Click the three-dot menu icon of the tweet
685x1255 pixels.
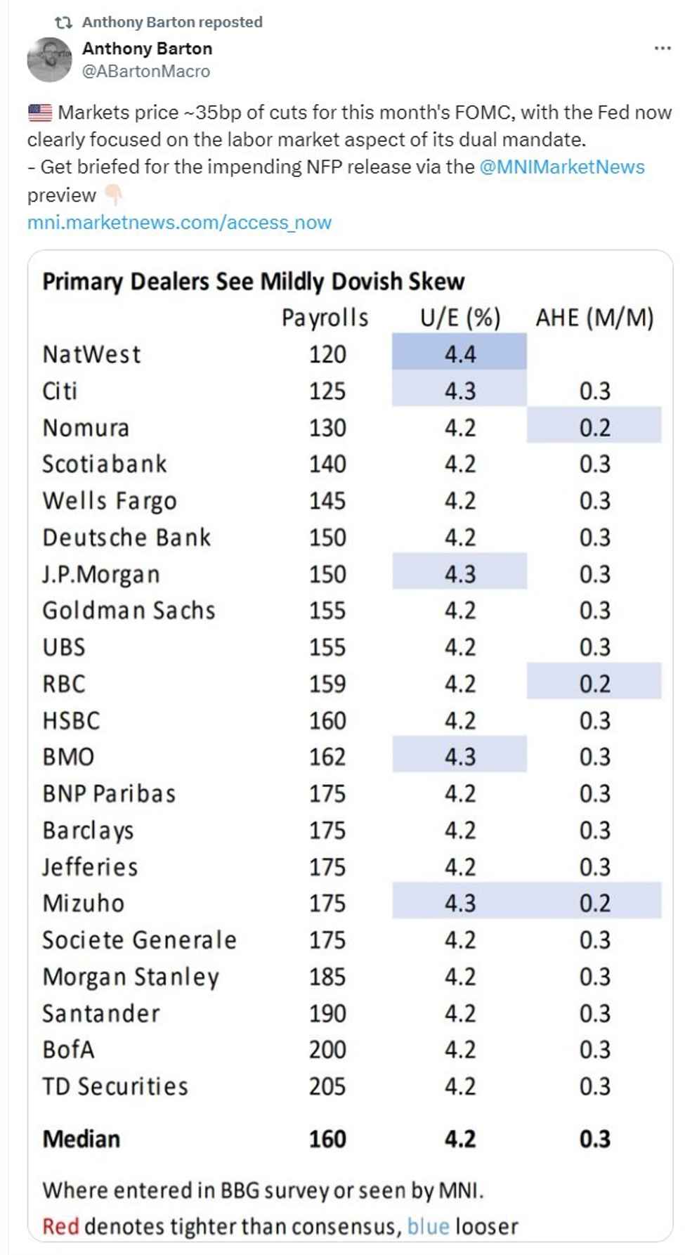click(x=662, y=48)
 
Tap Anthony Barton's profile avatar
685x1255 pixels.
click(x=49, y=60)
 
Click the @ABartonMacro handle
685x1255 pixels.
click(x=146, y=71)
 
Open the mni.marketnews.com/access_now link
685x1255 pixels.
click(x=179, y=223)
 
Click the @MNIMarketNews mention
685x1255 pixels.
click(x=561, y=167)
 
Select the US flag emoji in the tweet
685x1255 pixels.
click(x=40, y=112)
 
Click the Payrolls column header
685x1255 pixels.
click(x=325, y=318)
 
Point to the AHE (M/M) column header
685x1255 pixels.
click(x=594, y=318)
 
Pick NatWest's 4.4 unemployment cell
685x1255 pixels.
click(x=459, y=353)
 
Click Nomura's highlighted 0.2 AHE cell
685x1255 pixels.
click(x=594, y=427)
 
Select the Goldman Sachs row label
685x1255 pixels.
click(x=129, y=610)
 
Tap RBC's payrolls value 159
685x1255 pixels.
click(x=327, y=683)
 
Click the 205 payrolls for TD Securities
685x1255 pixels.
click(x=327, y=1086)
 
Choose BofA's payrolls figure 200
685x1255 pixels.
click(x=327, y=1049)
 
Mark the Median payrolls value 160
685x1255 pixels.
click(x=327, y=1138)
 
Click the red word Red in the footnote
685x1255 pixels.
click(x=60, y=1226)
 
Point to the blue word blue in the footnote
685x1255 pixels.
click(x=428, y=1226)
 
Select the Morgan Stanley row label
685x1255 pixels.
click(x=131, y=976)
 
